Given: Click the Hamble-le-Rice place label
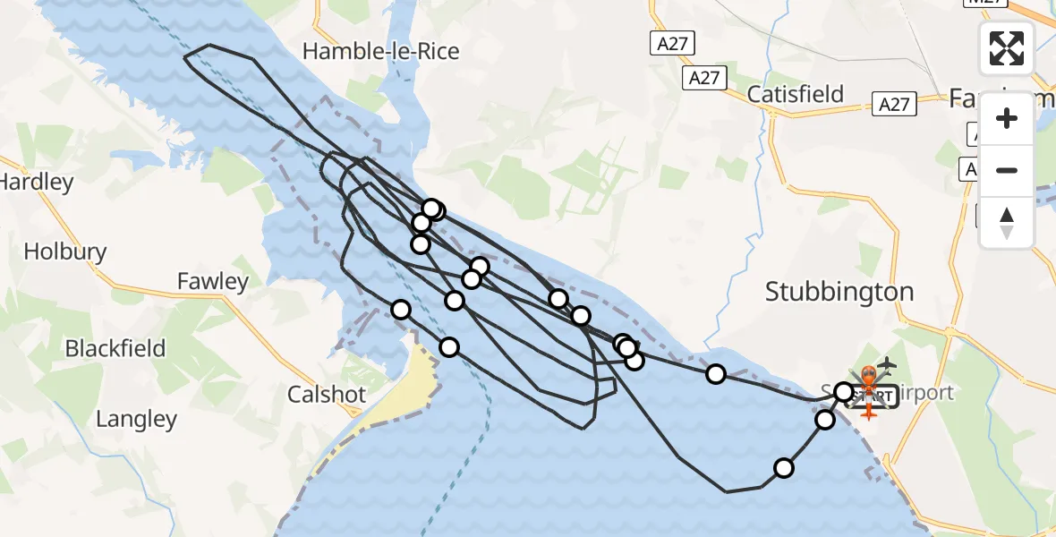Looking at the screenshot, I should point(381,51).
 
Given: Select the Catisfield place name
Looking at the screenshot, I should point(796,94).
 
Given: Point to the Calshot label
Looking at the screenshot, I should point(327,395).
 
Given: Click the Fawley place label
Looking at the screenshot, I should point(213,281).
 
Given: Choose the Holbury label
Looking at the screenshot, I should point(65,251).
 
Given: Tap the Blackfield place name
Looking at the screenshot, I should point(115,347).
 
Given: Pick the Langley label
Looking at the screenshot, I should point(136,418).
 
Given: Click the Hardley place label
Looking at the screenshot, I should point(36,182).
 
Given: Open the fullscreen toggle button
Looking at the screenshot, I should point(1007,47).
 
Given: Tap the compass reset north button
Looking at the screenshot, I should point(1007,222).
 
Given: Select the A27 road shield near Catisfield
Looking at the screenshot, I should point(704,78).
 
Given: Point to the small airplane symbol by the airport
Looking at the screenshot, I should point(887,365).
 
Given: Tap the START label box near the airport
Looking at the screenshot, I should point(871,396).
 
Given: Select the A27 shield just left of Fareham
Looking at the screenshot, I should point(894,105).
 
